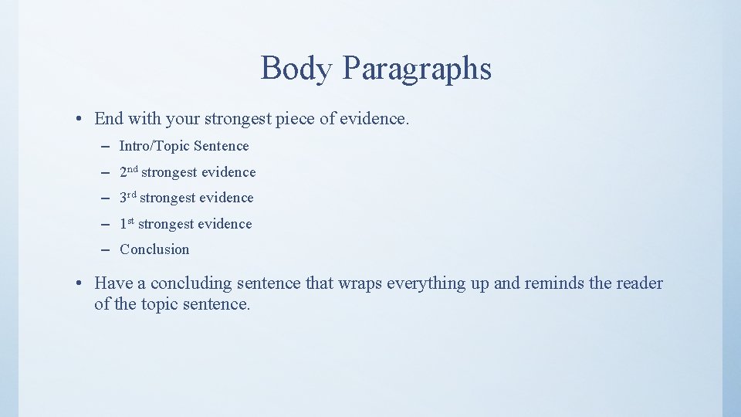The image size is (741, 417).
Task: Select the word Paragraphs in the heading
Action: [x=417, y=69]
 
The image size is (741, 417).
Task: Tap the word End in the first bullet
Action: [x=109, y=119]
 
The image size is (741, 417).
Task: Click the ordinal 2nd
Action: [x=129, y=171]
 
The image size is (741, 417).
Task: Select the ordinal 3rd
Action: [x=128, y=198]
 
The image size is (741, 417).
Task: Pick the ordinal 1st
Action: [x=127, y=224]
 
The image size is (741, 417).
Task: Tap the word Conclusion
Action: [x=154, y=249]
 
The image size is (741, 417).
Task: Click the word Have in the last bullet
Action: [x=113, y=283]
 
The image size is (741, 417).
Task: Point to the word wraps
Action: [x=360, y=283]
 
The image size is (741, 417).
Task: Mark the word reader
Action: [x=639, y=283]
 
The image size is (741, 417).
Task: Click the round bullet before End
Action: [x=80, y=120]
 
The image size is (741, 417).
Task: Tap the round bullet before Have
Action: [x=80, y=284]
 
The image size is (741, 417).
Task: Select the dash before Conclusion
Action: [x=104, y=249]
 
